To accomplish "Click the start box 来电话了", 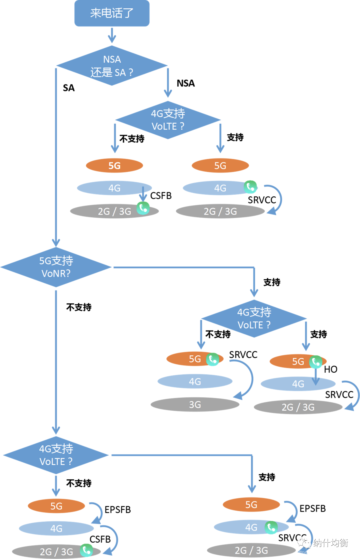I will click(x=112, y=13).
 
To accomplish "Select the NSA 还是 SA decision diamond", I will click(x=112, y=66).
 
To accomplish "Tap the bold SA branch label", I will click(x=69, y=88).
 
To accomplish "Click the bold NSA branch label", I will click(x=186, y=83).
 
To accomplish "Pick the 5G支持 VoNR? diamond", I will click(x=56, y=267).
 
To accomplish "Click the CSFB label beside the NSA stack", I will click(x=161, y=196).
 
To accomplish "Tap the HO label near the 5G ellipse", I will click(x=330, y=369).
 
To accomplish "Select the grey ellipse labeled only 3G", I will click(x=195, y=404).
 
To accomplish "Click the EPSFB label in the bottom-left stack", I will click(x=118, y=510).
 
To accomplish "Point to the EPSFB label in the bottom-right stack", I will click(x=312, y=509).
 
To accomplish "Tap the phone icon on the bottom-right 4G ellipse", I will click(x=271, y=527).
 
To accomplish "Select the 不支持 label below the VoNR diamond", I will click(x=79, y=307).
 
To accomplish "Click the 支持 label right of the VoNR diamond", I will click(x=272, y=282).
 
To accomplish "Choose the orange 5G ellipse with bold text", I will click(x=114, y=166).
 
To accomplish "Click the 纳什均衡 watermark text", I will click(x=330, y=543).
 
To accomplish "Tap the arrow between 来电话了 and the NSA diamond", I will click(x=112, y=35).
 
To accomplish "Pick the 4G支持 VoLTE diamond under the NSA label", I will click(x=168, y=120).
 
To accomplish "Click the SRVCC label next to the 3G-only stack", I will click(x=243, y=355).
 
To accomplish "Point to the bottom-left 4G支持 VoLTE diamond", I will click(x=56, y=455).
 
